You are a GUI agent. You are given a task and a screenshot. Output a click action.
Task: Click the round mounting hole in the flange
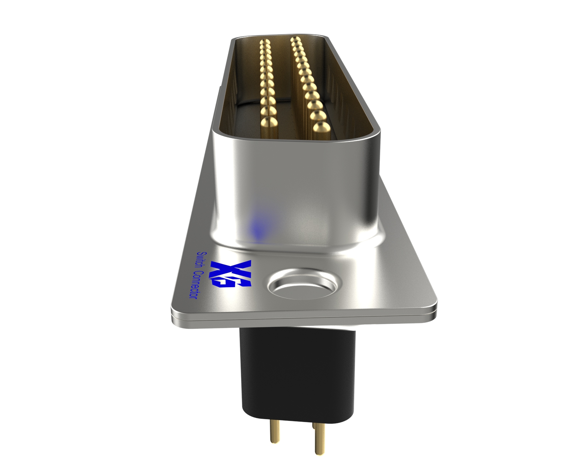coord(304,283)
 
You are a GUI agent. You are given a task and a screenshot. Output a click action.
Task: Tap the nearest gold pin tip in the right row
coord(321,128)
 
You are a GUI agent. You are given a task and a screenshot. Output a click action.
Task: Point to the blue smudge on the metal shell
coord(258,227)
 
